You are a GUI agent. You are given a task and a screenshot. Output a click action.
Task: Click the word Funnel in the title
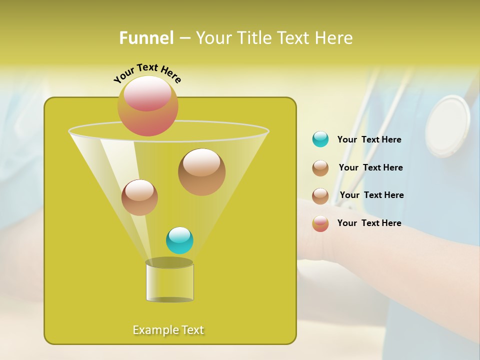click(146, 38)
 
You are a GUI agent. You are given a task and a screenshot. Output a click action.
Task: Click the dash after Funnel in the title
click(184, 38)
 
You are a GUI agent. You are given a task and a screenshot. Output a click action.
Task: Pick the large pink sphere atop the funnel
click(148, 106)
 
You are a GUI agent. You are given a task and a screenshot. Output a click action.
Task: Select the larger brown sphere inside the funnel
click(201, 172)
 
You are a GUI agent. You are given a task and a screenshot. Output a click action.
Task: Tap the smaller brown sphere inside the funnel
click(139, 197)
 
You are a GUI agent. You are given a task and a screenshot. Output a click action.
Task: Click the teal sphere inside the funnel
click(179, 240)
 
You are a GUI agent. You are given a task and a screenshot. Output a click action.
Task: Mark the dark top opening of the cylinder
click(169, 262)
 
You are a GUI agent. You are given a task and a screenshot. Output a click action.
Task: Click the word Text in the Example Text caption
click(192, 330)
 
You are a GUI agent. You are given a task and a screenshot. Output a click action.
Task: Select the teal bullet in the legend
click(320, 139)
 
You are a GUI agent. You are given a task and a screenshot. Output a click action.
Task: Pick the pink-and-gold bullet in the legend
click(320, 223)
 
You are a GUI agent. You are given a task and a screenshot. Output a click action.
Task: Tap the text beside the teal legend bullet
click(369, 139)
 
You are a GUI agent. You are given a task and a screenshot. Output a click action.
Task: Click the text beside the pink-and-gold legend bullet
click(369, 223)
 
